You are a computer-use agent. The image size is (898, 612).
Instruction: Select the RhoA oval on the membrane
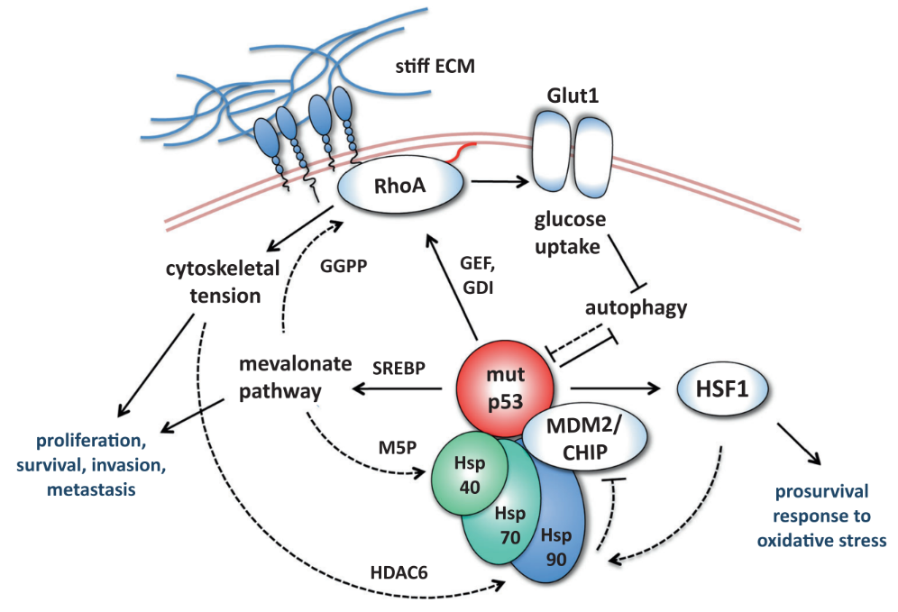(x=401, y=187)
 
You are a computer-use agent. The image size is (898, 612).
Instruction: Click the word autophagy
(x=636, y=308)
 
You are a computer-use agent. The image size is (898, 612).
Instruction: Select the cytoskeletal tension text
(x=223, y=280)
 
